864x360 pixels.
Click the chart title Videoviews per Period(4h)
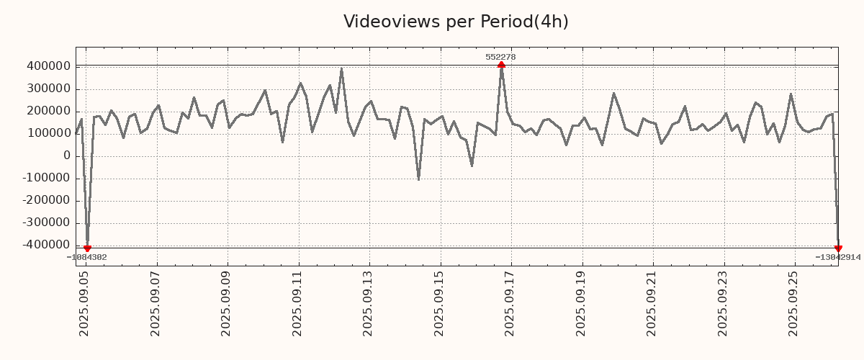[456, 22]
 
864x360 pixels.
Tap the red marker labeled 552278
[501, 65]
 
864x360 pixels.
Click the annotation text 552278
[500, 57]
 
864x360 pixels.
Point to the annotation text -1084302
[87, 257]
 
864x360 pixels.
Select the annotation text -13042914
[837, 257]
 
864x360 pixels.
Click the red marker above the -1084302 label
[87, 248]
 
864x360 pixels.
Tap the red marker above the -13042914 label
[838, 248]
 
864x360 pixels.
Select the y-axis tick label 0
[67, 156]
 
